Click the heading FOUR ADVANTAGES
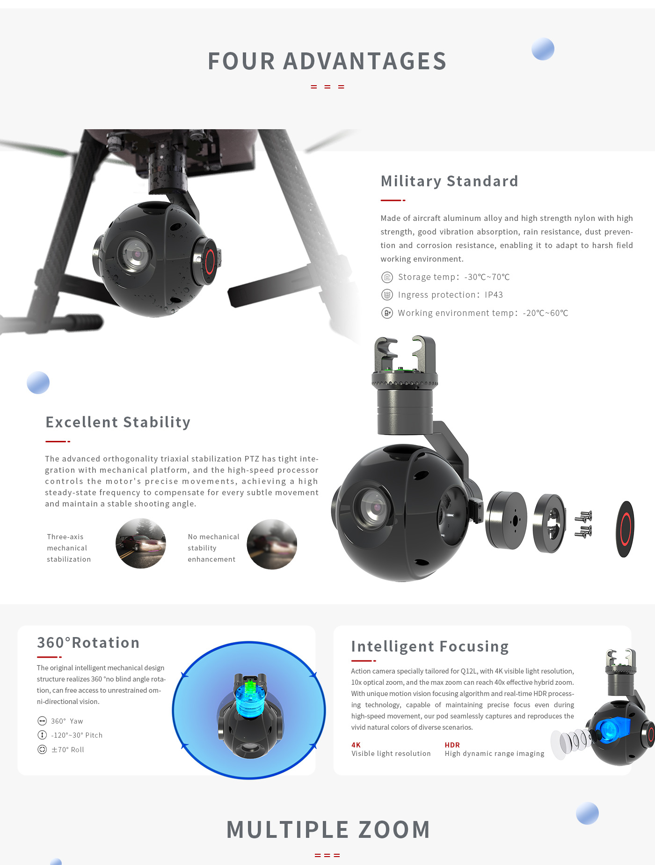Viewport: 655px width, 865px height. (327, 61)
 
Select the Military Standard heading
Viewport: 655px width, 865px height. (449, 181)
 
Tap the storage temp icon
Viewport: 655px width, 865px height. (387, 277)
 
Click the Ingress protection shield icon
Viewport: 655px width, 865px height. (387, 295)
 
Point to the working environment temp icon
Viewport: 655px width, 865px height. (387, 313)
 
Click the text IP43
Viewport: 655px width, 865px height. (494, 295)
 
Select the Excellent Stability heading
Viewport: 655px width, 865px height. (118, 422)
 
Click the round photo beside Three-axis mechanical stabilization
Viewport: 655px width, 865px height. (141, 543)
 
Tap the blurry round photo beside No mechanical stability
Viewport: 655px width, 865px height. (272, 544)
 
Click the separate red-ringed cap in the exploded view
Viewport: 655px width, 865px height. (625, 529)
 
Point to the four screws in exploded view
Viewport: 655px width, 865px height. (583, 524)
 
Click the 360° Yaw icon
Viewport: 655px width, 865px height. (42, 721)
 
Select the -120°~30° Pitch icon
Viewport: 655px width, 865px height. (42, 735)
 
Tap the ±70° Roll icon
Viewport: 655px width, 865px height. (42, 749)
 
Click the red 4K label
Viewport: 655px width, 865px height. (356, 745)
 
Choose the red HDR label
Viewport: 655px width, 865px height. (452, 745)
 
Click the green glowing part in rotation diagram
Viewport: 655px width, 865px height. (249, 688)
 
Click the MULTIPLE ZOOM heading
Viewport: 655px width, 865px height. (328, 830)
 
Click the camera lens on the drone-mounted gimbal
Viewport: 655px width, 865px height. (136, 254)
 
